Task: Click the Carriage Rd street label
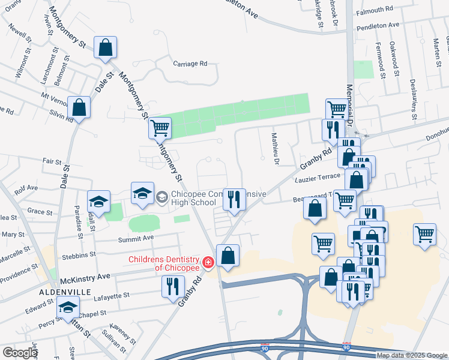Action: pos(190,63)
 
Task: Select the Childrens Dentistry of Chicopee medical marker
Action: pos(208,263)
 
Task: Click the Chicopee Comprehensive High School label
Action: pos(193,198)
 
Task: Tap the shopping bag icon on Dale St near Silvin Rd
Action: pos(79,108)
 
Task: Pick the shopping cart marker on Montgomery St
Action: pos(159,128)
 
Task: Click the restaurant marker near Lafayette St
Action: pos(173,285)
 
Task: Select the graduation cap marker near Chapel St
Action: pos(68,308)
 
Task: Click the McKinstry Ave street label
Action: pos(85,277)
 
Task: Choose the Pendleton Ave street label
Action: pos(378,26)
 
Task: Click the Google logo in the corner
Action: pos(20,353)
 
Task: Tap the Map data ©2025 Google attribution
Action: pos(412,355)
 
